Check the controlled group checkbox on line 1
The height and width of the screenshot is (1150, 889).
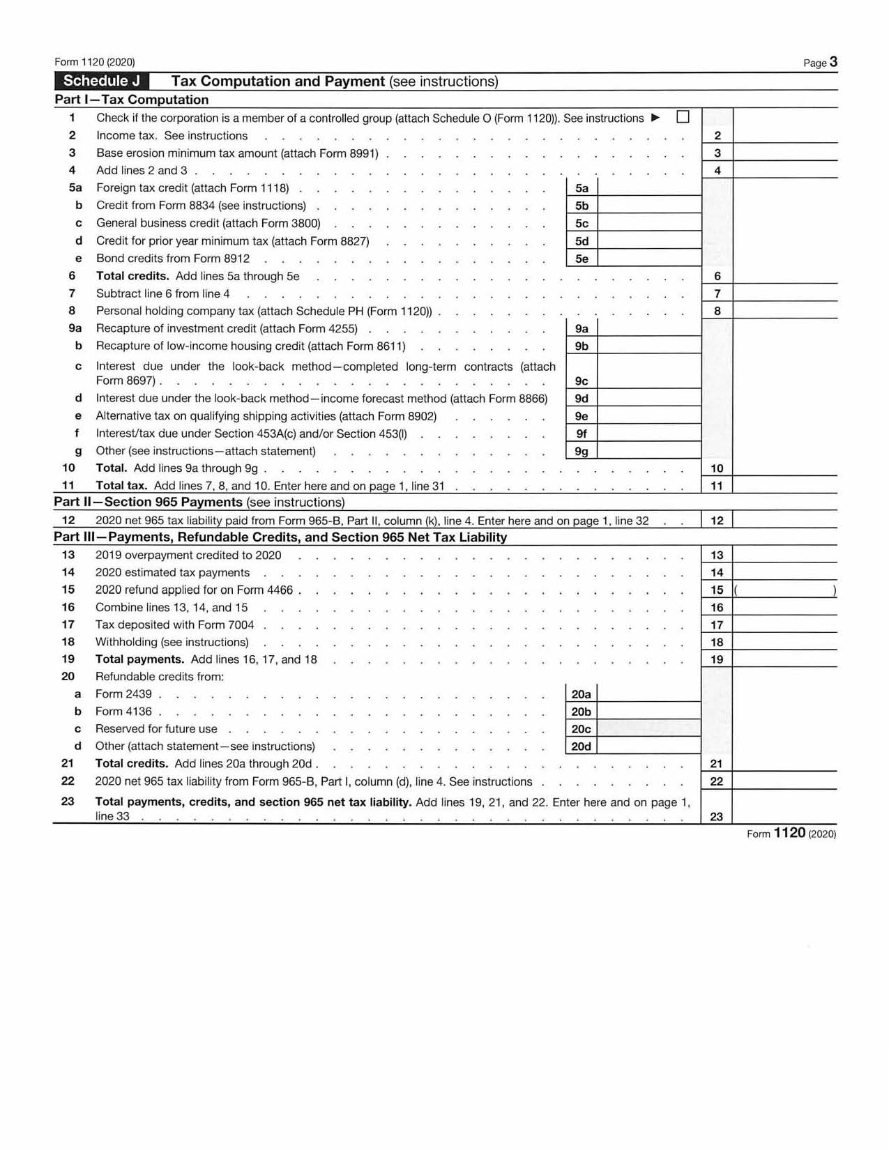[683, 117]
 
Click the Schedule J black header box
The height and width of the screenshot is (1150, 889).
[102, 81]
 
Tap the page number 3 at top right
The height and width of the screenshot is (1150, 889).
[833, 62]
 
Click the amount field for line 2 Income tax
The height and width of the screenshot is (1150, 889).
[784, 135]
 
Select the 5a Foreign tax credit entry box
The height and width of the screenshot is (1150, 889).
[649, 187]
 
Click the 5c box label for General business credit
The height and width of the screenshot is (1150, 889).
[582, 223]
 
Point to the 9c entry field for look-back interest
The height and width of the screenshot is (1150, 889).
[649, 372]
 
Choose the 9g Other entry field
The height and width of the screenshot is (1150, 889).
[649, 451]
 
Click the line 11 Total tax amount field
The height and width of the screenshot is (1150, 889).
[784, 485]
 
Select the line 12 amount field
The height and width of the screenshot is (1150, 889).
[784, 520]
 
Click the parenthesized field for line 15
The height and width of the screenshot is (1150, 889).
[785, 590]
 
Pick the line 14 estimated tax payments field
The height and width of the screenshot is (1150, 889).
[784, 572]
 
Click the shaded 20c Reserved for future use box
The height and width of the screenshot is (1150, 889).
[649, 728]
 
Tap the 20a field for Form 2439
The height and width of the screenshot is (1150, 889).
[649, 693]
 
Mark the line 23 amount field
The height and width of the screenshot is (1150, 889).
[784, 808]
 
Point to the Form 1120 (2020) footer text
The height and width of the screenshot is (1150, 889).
[791, 833]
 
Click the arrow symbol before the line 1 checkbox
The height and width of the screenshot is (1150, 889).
[655, 117]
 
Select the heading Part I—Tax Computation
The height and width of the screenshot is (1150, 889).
[132, 100]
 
